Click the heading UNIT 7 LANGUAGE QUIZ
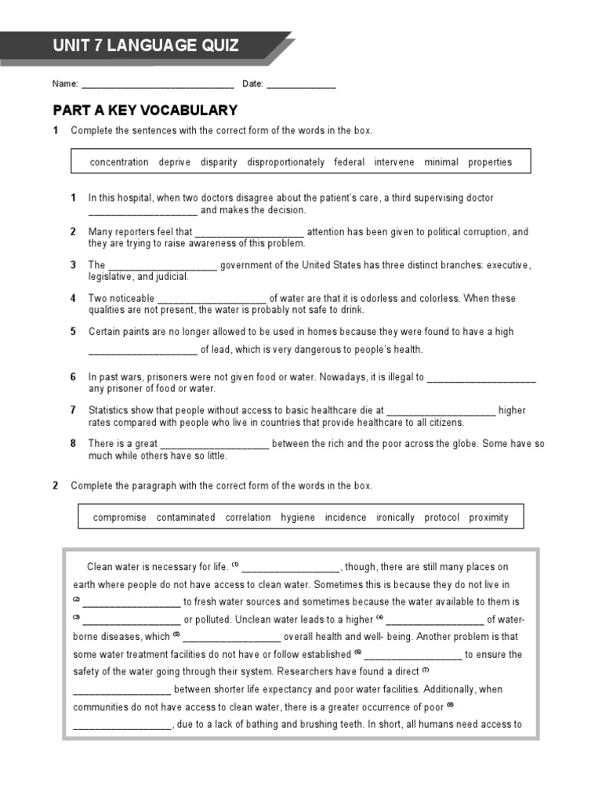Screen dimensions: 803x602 pyautogui.click(x=146, y=45)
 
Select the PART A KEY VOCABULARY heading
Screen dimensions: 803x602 pyautogui.click(x=145, y=110)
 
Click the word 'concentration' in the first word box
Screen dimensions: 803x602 pyautogui.click(x=119, y=162)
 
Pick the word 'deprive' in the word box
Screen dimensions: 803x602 pyautogui.click(x=174, y=162)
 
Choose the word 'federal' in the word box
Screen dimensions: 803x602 pyautogui.click(x=349, y=162)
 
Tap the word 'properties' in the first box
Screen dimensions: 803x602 pyautogui.click(x=490, y=162)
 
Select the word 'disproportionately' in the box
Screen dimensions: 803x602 pyautogui.click(x=285, y=162)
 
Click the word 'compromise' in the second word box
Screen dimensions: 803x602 pyautogui.click(x=120, y=518)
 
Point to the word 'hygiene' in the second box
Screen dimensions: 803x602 pyautogui.click(x=298, y=518)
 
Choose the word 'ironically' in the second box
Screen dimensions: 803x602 pyautogui.click(x=395, y=518)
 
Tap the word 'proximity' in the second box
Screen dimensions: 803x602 pyautogui.click(x=488, y=518)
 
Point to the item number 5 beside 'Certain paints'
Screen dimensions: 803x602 pyautogui.click(x=73, y=332)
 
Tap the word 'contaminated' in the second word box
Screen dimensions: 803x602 pyautogui.click(x=186, y=518)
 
